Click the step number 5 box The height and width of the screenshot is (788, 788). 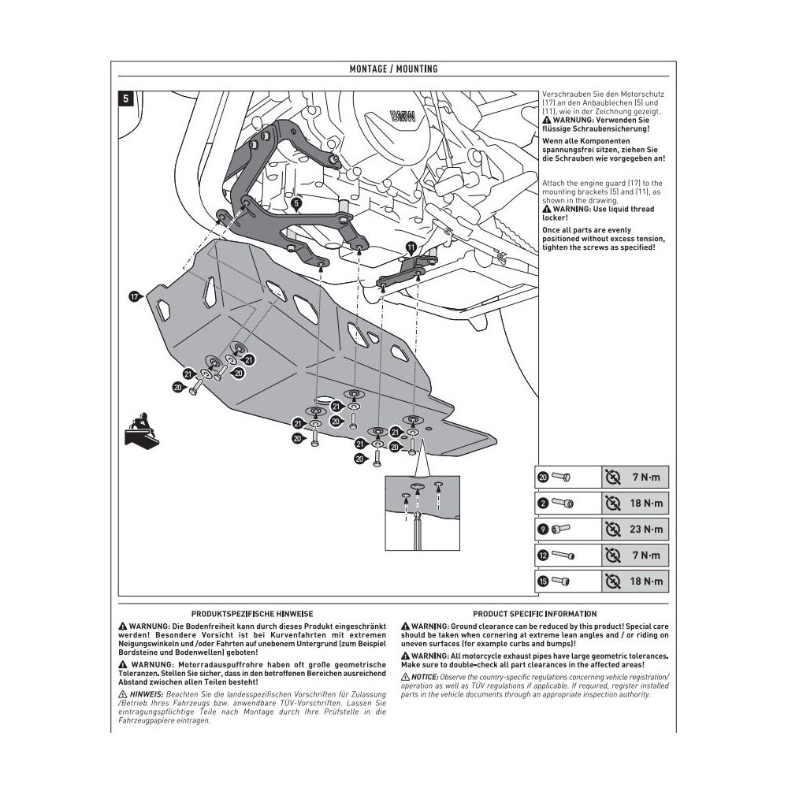126,99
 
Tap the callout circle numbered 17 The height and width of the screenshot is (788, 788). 135,296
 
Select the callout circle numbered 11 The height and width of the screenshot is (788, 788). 411,247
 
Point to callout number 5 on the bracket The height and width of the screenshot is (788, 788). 295,203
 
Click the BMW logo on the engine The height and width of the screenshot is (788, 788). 403,117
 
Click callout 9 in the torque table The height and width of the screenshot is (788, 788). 542,529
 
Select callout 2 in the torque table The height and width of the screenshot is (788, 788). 542,503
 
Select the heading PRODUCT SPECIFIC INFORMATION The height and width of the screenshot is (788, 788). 534,613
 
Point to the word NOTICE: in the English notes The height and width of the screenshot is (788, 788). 425,677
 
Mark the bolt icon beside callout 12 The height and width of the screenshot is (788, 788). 563,556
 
